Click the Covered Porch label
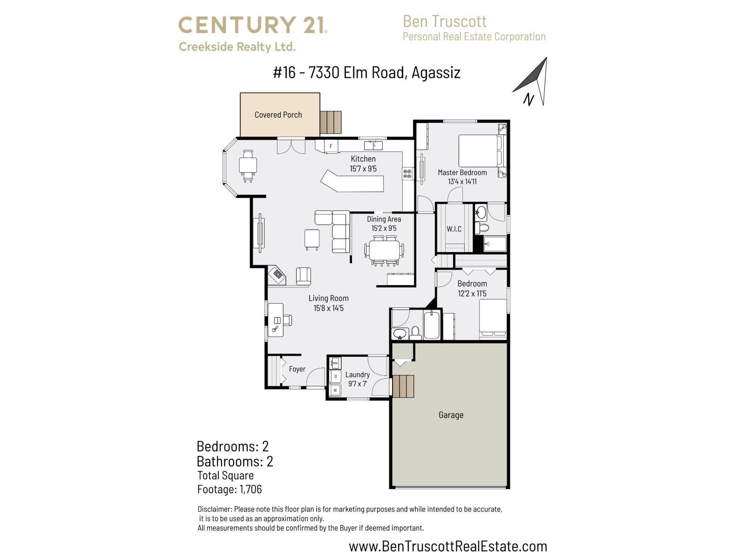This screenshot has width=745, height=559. coord(278,115)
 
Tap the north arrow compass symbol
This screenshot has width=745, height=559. coord(533,82)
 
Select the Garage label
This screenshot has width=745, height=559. coord(451,415)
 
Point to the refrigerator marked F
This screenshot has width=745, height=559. coord(331,146)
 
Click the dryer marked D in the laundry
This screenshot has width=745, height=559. coord(335,376)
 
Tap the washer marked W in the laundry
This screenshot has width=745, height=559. coord(335,390)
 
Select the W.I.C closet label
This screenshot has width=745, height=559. coord(454,229)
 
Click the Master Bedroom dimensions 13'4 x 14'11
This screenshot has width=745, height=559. coord(462,182)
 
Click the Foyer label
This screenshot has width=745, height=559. coord(297,369)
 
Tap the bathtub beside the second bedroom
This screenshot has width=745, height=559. coord(431,325)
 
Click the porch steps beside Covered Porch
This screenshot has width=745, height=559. coord(331,122)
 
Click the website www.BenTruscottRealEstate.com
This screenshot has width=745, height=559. coord(448,546)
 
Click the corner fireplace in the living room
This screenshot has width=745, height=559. coord(278,274)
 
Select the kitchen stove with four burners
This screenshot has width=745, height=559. coord(407,174)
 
